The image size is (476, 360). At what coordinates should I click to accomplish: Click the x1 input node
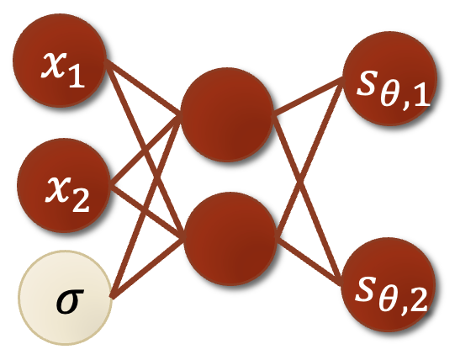pyautogui.click(x=60, y=61)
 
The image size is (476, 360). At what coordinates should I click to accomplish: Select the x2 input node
pyautogui.click(x=63, y=185)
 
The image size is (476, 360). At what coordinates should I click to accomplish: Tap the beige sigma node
pyautogui.click(x=66, y=298)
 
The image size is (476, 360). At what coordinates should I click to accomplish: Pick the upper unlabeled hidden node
pyautogui.click(x=227, y=114)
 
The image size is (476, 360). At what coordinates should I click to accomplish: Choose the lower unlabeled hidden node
pyautogui.click(x=230, y=239)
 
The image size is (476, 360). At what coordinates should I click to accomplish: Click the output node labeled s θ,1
pyautogui.click(x=389, y=78)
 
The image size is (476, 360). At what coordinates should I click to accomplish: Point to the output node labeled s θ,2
pyautogui.click(x=389, y=284)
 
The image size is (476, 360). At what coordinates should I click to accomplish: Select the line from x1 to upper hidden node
pyautogui.click(x=143, y=88)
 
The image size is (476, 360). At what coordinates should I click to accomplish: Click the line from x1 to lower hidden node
pyautogui.click(x=145, y=150)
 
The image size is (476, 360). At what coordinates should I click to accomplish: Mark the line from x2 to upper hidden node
pyautogui.click(x=145, y=150)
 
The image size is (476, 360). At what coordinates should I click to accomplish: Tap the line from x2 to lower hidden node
pyautogui.click(x=147, y=212)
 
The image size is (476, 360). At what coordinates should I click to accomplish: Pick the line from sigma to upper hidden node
pyautogui.click(x=146, y=206)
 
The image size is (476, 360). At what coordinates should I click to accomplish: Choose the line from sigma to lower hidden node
pyautogui.click(x=148, y=268)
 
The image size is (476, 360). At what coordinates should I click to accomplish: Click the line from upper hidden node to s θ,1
pyautogui.click(x=308, y=97)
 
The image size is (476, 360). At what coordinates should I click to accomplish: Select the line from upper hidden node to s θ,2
pyautogui.click(x=307, y=200)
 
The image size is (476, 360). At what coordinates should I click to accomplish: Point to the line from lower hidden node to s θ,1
pyautogui.click(x=309, y=158)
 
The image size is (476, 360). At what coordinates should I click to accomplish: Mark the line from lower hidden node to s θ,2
pyautogui.click(x=309, y=261)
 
